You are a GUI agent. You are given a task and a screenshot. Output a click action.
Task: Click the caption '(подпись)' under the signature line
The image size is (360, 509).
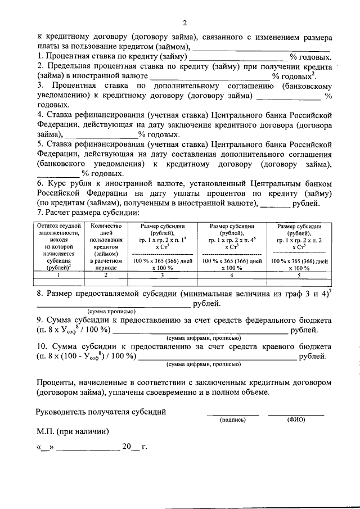pos(233,420)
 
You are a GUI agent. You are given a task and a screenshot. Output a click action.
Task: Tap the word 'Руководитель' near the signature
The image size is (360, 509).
pos(62,411)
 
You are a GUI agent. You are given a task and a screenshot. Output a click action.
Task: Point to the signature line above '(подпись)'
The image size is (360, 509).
pos(236,415)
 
